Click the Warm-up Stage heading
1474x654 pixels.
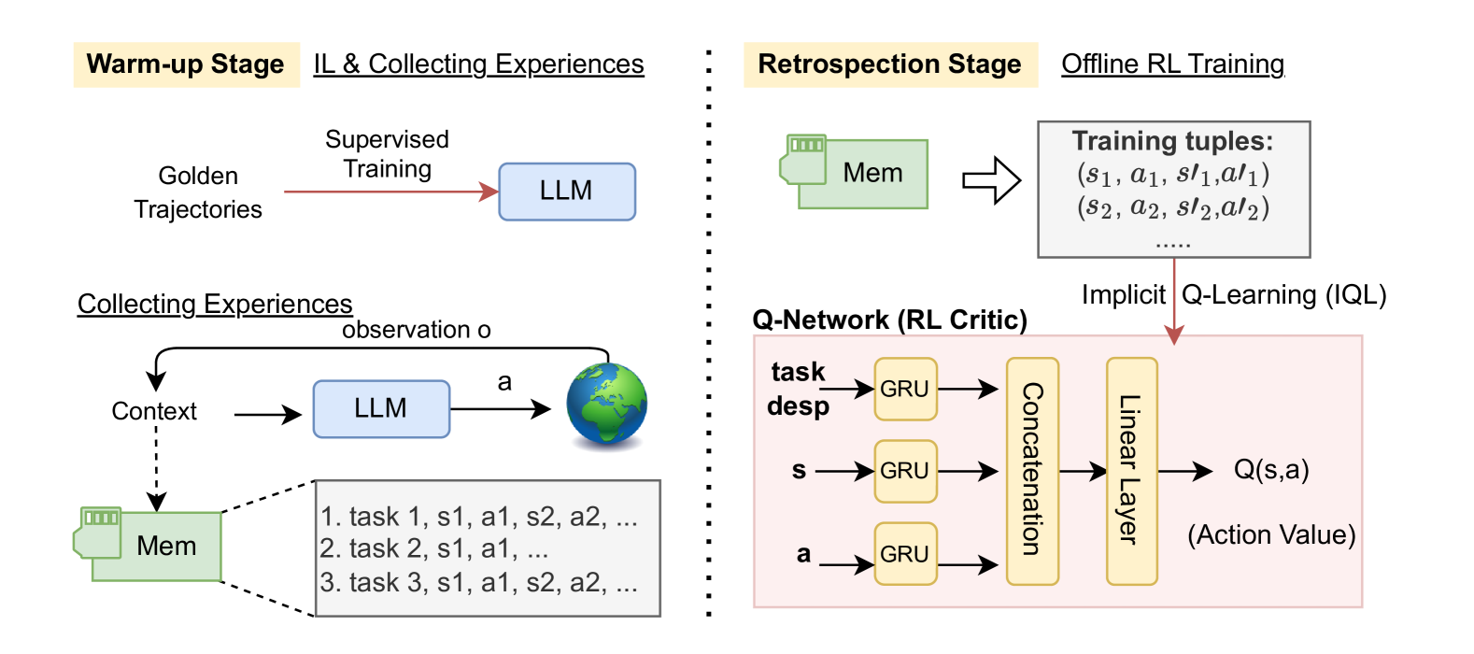(x=186, y=64)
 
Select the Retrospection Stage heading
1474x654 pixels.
(x=889, y=64)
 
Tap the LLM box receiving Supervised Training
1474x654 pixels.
(x=567, y=192)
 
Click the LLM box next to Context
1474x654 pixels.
(x=381, y=409)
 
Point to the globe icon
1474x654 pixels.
(x=607, y=405)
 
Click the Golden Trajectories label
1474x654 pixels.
(x=198, y=192)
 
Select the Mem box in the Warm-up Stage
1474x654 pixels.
(x=157, y=546)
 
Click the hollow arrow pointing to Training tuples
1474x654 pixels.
(x=991, y=179)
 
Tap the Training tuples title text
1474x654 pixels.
(x=1172, y=141)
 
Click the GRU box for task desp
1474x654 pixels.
(x=905, y=389)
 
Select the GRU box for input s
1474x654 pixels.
(x=905, y=471)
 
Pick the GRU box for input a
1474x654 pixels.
(x=905, y=554)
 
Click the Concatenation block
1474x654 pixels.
(x=1032, y=471)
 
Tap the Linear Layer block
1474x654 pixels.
(x=1131, y=471)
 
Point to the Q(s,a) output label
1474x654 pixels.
(x=1271, y=469)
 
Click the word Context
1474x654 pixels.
(x=154, y=411)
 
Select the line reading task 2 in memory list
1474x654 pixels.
(x=433, y=548)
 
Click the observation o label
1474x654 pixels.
(x=416, y=330)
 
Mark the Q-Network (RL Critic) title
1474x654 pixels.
(x=889, y=320)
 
